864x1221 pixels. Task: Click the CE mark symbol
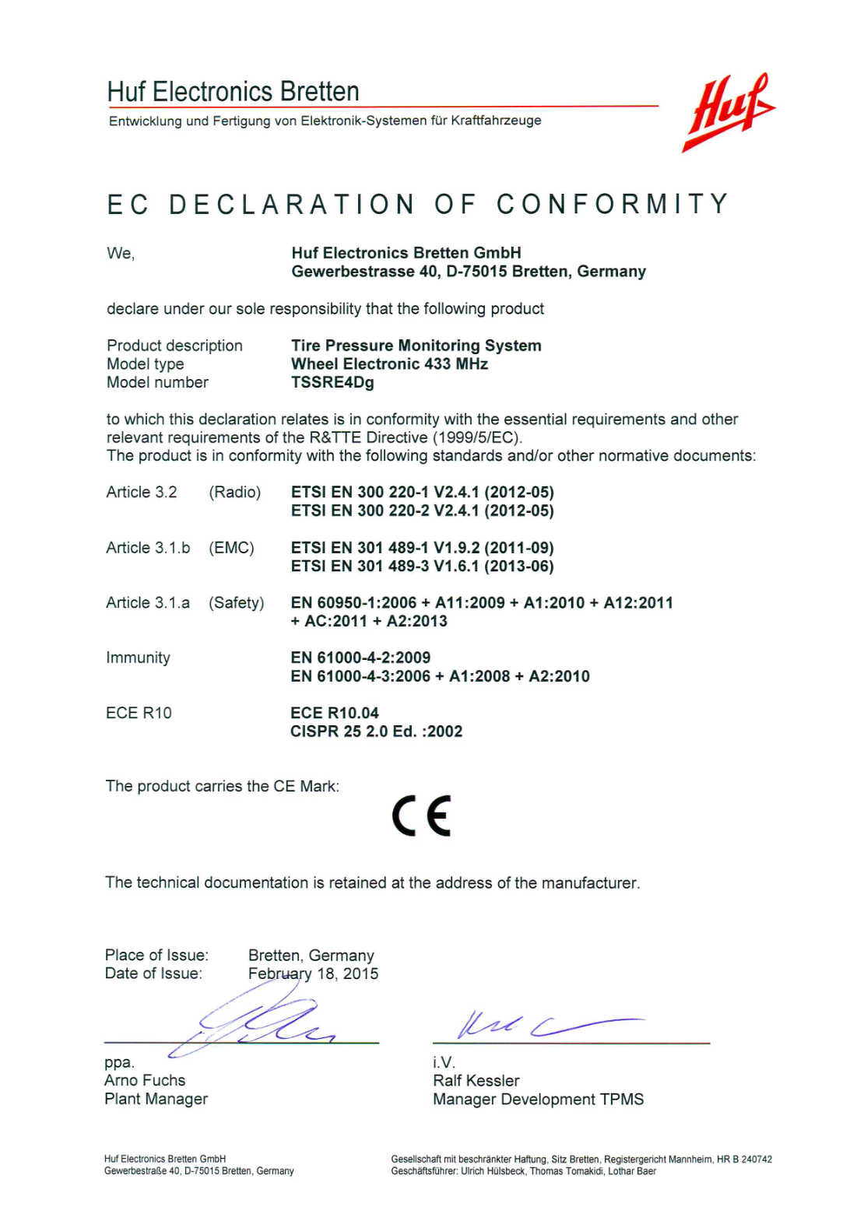click(x=421, y=816)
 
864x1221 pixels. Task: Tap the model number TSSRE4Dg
click(x=332, y=383)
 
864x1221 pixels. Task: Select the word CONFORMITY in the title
click(x=613, y=205)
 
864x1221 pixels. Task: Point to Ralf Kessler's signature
click(x=545, y=1025)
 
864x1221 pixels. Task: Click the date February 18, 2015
click(x=313, y=974)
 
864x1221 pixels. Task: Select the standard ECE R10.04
click(x=335, y=713)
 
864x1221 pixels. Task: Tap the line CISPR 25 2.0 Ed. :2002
click(x=376, y=732)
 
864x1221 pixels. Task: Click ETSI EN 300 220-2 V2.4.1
click(x=422, y=511)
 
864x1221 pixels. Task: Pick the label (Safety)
click(x=236, y=603)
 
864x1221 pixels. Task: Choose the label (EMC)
click(x=231, y=548)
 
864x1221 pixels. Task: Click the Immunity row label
click(x=138, y=658)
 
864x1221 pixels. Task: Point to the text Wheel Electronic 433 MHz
click(x=389, y=364)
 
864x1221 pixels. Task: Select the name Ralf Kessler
click(x=476, y=1080)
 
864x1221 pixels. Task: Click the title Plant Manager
click(x=156, y=1099)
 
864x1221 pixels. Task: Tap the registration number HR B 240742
click(x=744, y=1160)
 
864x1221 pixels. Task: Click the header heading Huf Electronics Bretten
click(x=233, y=92)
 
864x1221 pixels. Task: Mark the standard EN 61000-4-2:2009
click(x=360, y=658)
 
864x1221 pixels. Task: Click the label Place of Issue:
click(x=156, y=955)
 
